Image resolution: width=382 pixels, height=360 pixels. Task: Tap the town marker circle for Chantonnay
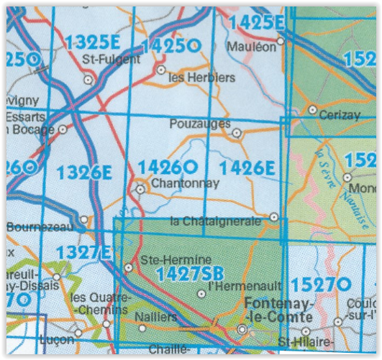pos(140,189)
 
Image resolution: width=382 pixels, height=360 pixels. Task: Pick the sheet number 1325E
pos(91,42)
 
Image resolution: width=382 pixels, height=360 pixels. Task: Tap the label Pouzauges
pos(196,124)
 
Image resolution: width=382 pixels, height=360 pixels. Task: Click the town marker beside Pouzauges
pos(237,132)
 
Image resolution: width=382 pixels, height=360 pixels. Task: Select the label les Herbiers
pos(191,77)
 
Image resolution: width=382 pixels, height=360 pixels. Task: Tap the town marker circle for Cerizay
pos(312,110)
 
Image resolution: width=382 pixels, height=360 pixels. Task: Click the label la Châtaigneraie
pos(215,221)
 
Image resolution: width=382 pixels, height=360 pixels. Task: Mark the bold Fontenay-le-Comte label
pos(278,310)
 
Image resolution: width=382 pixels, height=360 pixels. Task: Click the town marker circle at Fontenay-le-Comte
pos(242,330)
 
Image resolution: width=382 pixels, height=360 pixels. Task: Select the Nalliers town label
pos(158,316)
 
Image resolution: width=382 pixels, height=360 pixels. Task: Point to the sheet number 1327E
pos(83,253)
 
